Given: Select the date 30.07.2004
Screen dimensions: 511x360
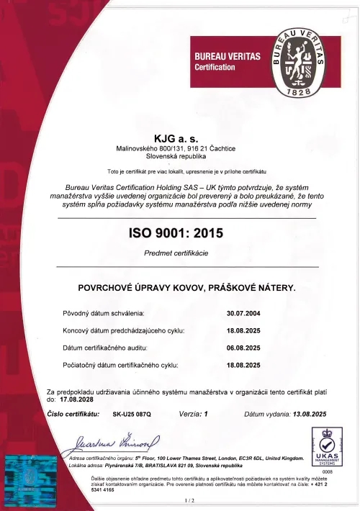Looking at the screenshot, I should pyautogui.click(x=243, y=314).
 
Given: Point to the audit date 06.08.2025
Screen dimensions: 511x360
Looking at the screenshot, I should pyautogui.click(x=243, y=348).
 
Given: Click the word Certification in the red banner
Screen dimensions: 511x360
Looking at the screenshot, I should pyautogui.click(x=215, y=67).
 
